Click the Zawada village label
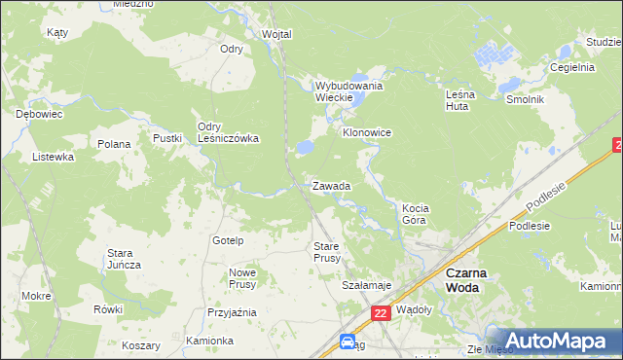click(331, 185)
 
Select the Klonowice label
click(366, 131)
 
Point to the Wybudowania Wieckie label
click(348, 91)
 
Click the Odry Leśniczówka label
click(228, 132)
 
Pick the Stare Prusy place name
click(326, 252)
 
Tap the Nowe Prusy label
click(242, 278)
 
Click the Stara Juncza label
click(124, 259)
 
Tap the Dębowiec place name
click(39, 114)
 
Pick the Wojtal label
click(276, 34)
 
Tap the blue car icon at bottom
click(348, 342)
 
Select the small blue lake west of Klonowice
click(305, 147)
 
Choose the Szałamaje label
click(366, 285)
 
